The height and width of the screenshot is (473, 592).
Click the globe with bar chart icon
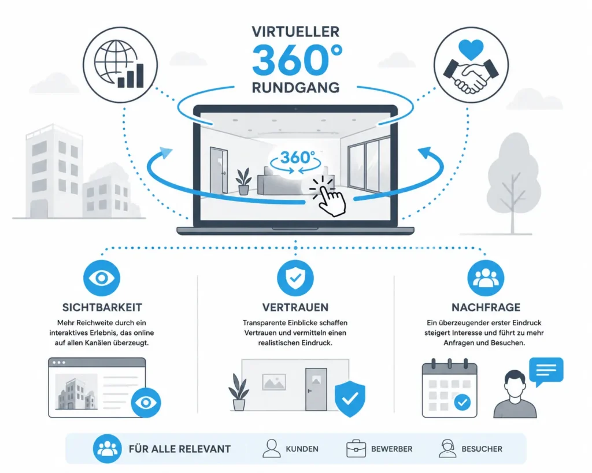click(120, 65)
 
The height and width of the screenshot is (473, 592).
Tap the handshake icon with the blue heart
click(471, 65)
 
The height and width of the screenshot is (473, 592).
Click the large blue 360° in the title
click(297, 60)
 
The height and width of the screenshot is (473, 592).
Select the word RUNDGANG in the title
click(295, 88)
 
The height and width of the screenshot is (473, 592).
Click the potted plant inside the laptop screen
click(243, 181)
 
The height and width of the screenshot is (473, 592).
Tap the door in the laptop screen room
click(219, 170)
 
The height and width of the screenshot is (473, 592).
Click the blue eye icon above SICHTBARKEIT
click(102, 278)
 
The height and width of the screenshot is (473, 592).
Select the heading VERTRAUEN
click(295, 307)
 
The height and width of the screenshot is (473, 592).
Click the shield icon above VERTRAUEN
click(295, 278)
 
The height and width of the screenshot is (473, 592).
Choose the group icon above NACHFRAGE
click(486, 278)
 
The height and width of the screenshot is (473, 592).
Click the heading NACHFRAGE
click(486, 307)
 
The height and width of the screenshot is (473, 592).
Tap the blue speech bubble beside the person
click(546, 371)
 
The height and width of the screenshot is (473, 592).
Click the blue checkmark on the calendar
click(462, 403)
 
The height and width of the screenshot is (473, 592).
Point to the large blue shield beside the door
click(350, 398)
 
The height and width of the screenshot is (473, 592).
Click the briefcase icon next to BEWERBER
click(356, 449)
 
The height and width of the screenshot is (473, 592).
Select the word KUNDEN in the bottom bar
click(302, 449)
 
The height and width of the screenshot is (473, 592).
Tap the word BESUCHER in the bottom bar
click(482, 449)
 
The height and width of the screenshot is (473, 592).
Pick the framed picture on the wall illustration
click(274, 382)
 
